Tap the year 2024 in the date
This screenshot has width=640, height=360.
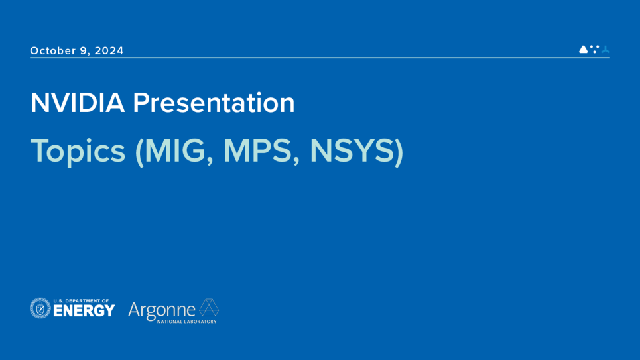pyautogui.click(x=109, y=51)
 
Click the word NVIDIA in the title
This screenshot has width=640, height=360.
pyautogui.click(x=77, y=103)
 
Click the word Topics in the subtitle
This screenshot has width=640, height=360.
pyautogui.click(x=78, y=151)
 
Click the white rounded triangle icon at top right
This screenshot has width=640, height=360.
pyautogui.click(x=583, y=49)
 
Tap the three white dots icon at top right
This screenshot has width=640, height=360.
pyautogui.click(x=594, y=48)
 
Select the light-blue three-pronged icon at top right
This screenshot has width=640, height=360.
pyautogui.click(x=605, y=49)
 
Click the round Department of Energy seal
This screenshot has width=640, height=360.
pyautogui.click(x=40, y=308)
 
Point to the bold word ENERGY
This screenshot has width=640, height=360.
pyautogui.click(x=84, y=311)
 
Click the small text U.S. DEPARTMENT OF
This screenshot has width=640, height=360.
pyautogui.click(x=81, y=300)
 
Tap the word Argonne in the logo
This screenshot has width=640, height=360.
pyautogui.click(x=162, y=310)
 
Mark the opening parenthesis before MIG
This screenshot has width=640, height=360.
pyautogui.click(x=139, y=151)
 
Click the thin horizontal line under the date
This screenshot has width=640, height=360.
pyautogui.click(x=320, y=58)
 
